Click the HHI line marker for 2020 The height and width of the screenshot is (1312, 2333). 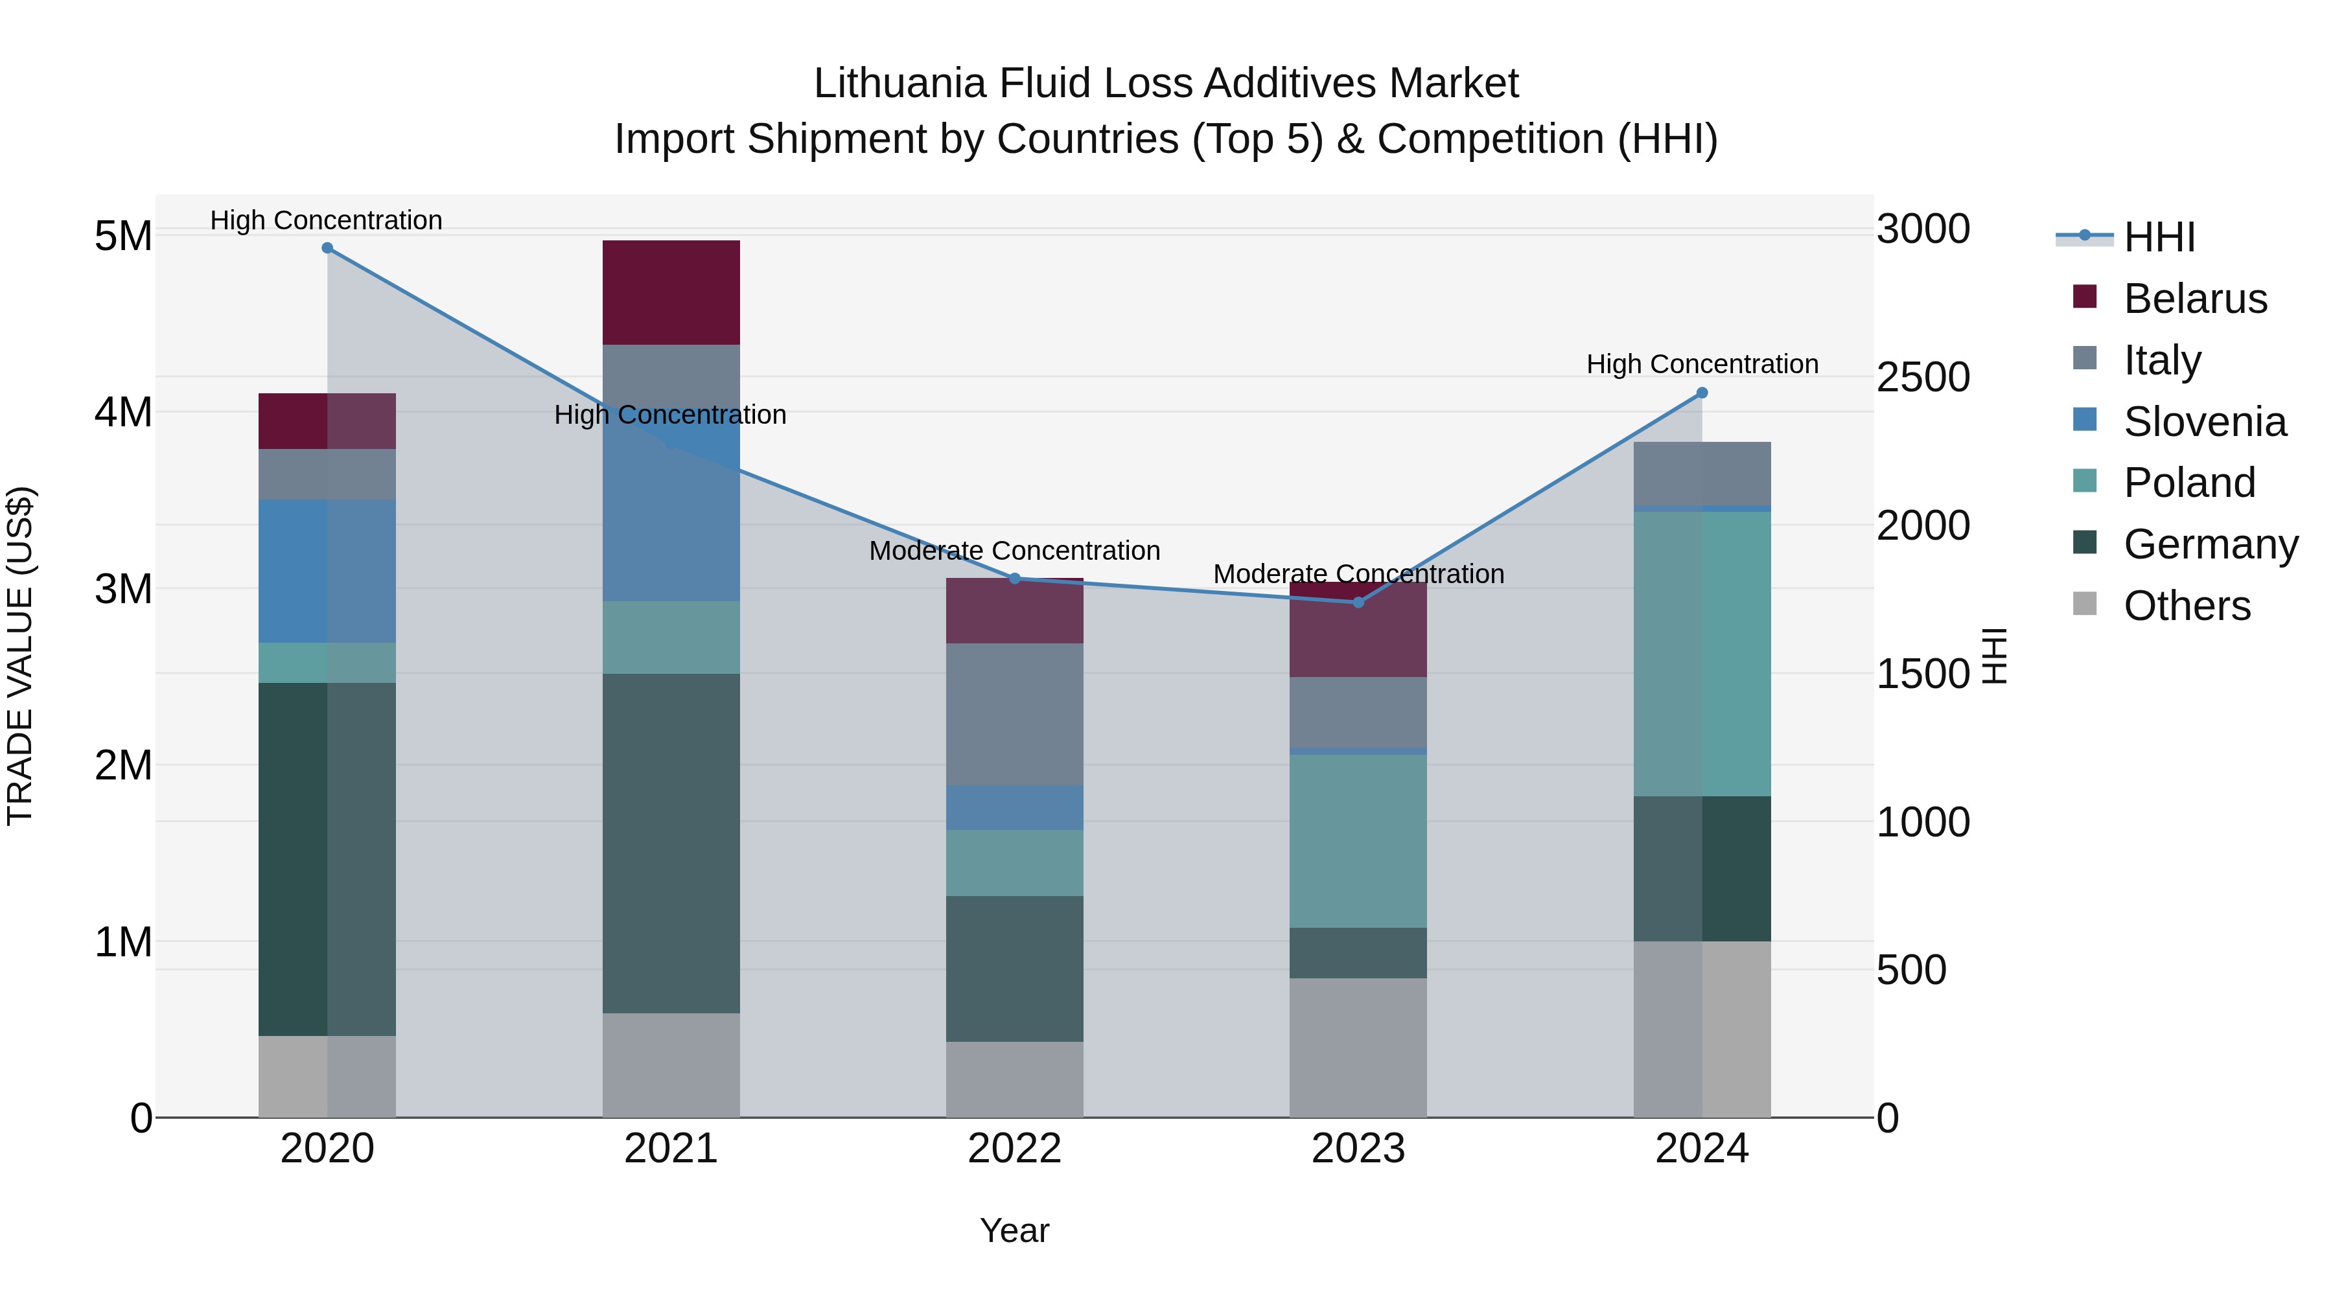pos(327,248)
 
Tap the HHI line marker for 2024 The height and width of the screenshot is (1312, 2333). pos(1702,393)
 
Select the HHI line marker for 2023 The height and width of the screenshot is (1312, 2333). pos(1358,602)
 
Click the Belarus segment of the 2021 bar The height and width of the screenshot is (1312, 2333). pos(671,292)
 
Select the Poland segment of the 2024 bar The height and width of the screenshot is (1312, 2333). pos(1702,654)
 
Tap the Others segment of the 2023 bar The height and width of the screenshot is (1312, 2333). pos(1358,1047)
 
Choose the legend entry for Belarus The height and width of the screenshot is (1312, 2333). pos(2194,299)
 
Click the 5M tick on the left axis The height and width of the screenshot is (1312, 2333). pos(123,236)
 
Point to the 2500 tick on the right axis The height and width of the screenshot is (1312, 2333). pos(1923,378)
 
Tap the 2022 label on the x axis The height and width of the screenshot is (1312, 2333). pos(1014,1149)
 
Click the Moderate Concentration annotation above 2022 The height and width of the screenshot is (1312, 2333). pos(1014,551)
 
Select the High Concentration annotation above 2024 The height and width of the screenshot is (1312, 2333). pos(1702,364)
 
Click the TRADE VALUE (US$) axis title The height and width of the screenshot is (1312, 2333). pos(21,656)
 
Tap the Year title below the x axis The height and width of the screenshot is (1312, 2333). pos(1014,1230)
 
